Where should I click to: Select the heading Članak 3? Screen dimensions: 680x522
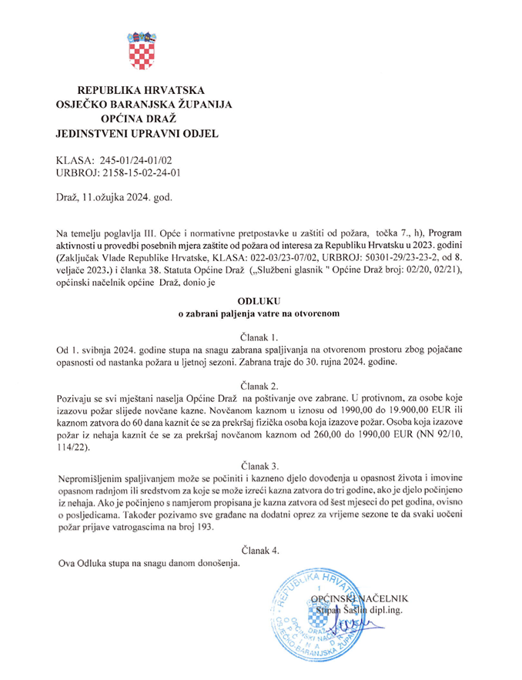click(x=260, y=466)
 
